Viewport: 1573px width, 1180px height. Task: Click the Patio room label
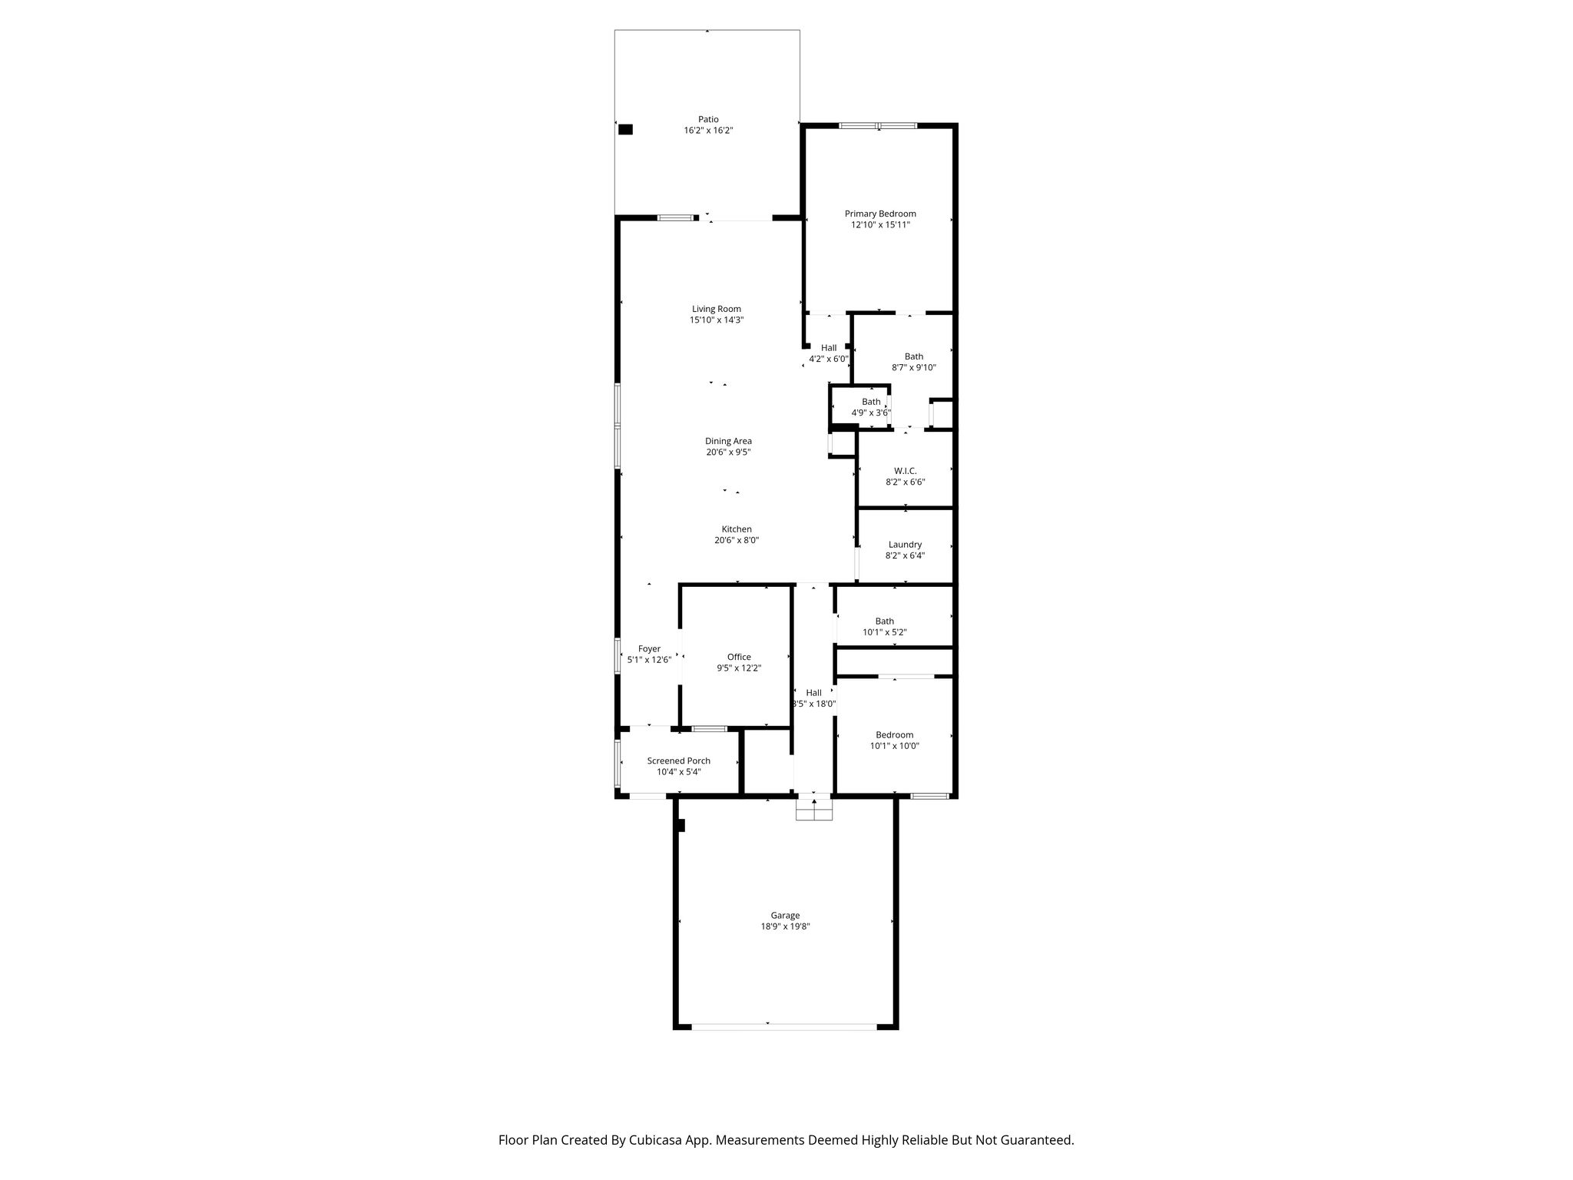point(708,119)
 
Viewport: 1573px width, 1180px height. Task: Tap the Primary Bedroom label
point(880,214)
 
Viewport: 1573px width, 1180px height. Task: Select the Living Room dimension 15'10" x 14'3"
point(717,320)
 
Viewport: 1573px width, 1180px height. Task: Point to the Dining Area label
point(728,441)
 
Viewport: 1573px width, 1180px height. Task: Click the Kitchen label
point(737,529)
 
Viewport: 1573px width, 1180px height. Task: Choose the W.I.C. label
point(906,471)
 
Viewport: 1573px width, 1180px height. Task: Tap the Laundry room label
point(905,545)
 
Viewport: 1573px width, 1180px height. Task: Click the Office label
point(739,657)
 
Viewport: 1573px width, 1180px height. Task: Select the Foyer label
point(649,649)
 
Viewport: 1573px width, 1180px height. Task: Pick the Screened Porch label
point(679,761)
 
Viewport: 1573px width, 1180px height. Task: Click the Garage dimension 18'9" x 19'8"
point(785,926)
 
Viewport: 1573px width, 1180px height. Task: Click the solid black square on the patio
point(625,130)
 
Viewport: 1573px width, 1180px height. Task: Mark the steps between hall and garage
point(813,809)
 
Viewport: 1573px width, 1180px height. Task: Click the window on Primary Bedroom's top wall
point(878,125)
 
